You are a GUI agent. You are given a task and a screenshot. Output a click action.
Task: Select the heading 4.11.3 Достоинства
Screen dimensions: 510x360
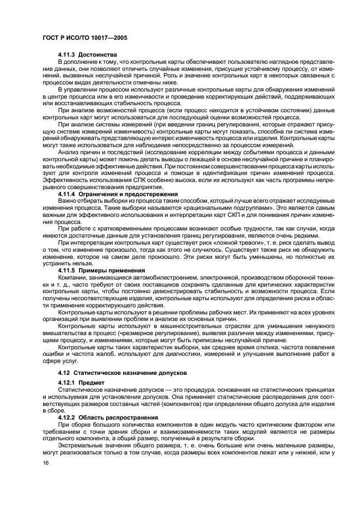[88, 54]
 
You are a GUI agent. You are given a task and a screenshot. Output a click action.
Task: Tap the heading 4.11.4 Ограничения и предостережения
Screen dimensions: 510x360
[118, 194]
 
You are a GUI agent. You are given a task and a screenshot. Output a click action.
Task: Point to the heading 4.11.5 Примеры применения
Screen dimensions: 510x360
[102, 270]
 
